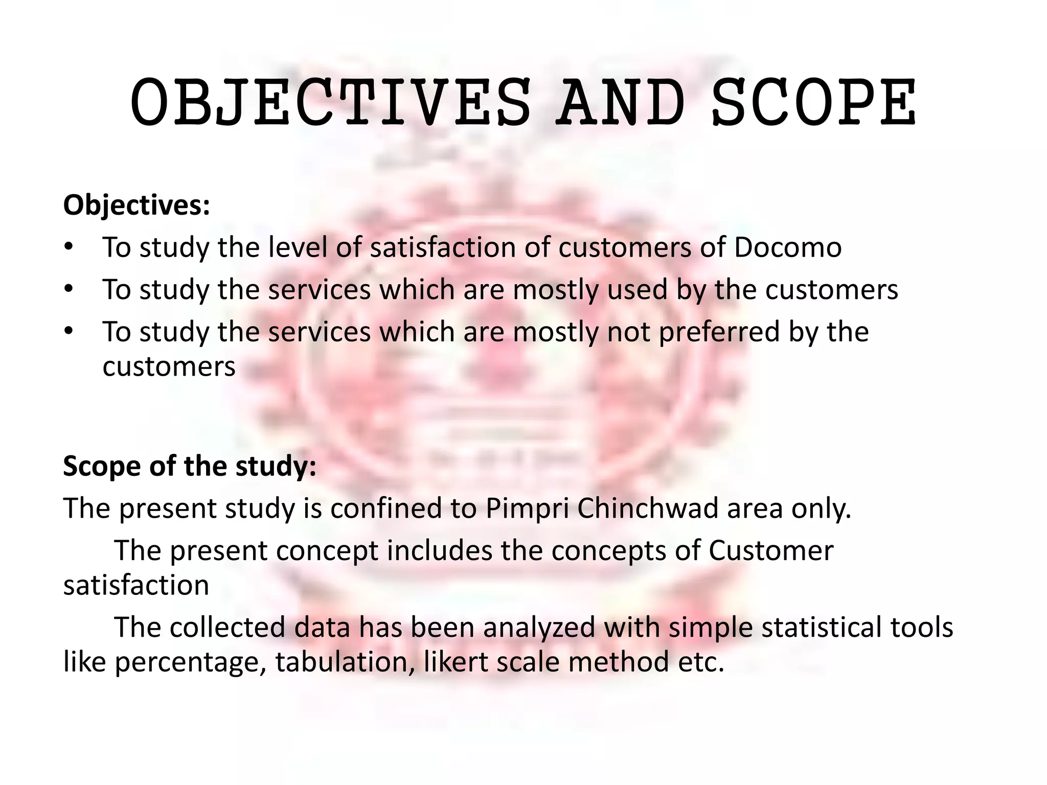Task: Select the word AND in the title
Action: click(x=621, y=102)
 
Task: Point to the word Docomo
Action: click(x=788, y=247)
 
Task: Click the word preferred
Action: click(x=719, y=332)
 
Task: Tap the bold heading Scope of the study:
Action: click(x=190, y=466)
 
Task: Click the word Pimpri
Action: click(x=527, y=509)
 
